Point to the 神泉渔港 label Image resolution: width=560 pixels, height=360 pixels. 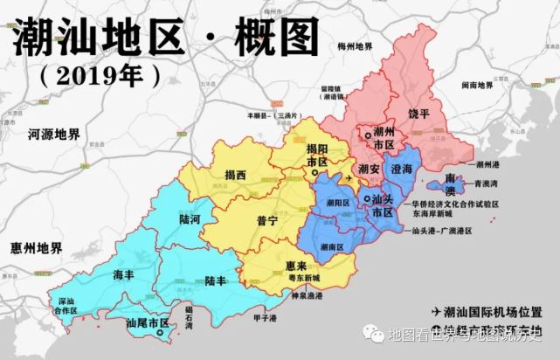(x=306, y=297)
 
